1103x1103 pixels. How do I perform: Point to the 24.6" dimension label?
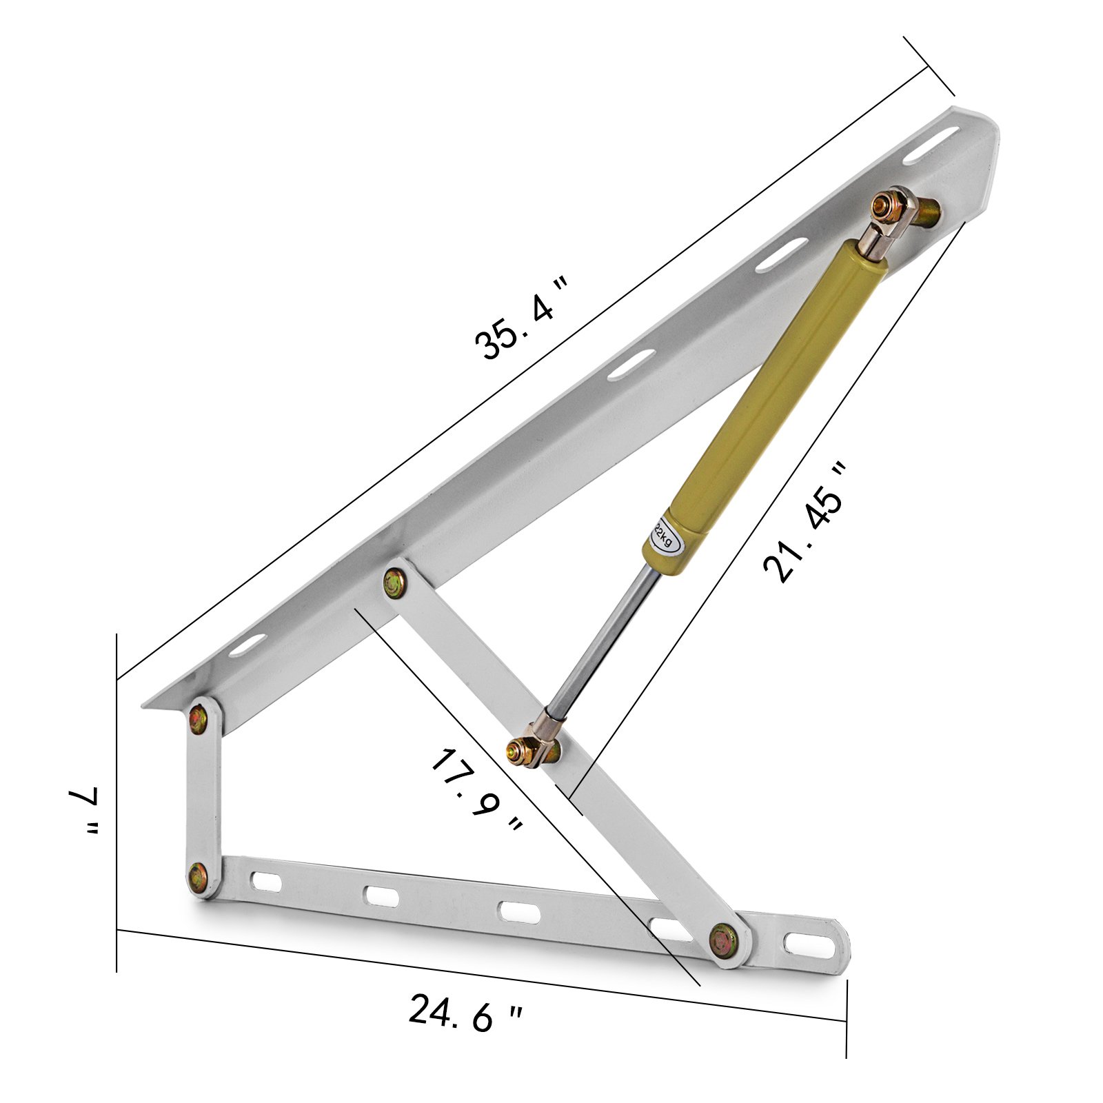[x=466, y=1012]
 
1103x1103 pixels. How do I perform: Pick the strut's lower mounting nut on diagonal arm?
[x=518, y=748]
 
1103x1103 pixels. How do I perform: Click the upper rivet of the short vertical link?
[x=200, y=718]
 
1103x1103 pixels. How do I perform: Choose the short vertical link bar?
[x=203, y=796]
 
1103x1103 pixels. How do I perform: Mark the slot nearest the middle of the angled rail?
[x=631, y=364]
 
